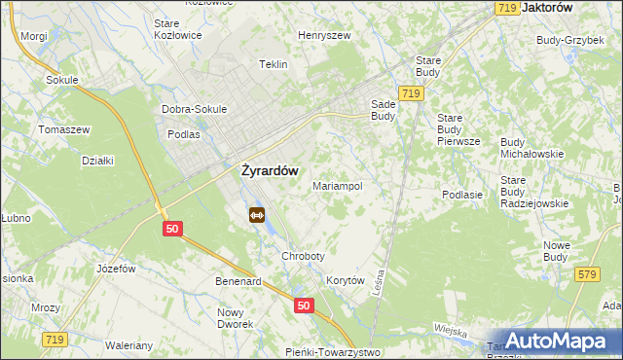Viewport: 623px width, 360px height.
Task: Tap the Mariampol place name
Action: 338,185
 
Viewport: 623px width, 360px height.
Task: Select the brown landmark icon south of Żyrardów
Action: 257,215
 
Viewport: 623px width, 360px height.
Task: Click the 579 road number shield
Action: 586,275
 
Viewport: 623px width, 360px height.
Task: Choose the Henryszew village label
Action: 324,35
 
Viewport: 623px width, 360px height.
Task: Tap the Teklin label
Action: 273,64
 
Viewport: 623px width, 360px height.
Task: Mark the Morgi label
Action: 34,36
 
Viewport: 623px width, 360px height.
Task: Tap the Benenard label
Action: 238,281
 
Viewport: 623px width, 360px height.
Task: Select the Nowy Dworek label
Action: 235,318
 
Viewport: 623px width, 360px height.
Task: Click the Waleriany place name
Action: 129,345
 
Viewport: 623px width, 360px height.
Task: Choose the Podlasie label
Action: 462,195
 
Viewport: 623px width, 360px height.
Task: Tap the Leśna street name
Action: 380,283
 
